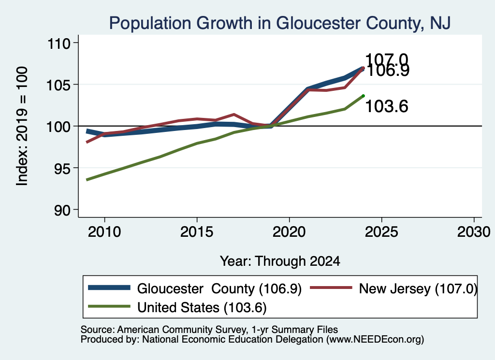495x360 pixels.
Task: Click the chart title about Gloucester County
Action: (x=280, y=23)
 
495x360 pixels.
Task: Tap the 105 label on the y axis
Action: (x=58, y=85)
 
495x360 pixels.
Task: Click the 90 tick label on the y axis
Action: (x=62, y=210)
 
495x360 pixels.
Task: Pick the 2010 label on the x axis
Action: (x=104, y=232)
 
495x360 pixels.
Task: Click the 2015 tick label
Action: (x=197, y=232)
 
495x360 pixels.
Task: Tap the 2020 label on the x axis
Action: (x=289, y=232)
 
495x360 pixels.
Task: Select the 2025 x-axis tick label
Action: (x=381, y=232)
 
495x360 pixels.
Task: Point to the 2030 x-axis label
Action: (x=474, y=232)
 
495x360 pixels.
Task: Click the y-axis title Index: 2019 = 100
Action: (x=22, y=126)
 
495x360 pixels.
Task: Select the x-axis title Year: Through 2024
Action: (x=280, y=261)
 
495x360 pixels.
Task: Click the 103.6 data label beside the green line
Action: (x=387, y=106)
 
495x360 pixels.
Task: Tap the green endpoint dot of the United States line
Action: (x=364, y=96)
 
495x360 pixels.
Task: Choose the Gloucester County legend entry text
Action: (x=219, y=288)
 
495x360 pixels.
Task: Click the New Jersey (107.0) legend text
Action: (x=418, y=288)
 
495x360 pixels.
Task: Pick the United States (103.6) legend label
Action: (x=202, y=307)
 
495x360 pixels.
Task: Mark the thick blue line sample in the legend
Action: (x=109, y=288)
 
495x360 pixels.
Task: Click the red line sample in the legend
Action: (x=331, y=288)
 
